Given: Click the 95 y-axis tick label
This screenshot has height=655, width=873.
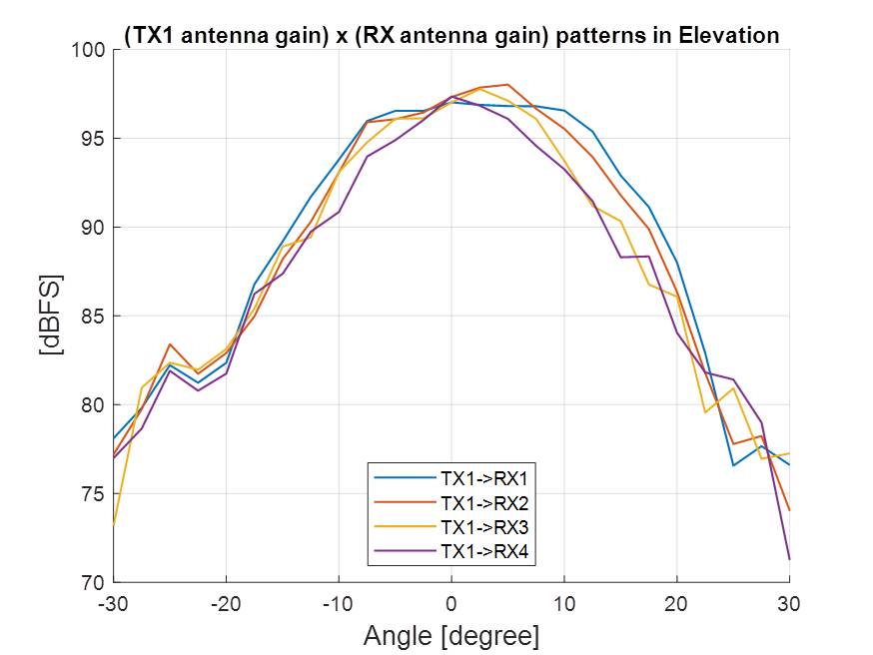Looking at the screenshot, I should pyautogui.click(x=92, y=139).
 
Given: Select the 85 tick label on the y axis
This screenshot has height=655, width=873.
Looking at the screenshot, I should pyautogui.click(x=92, y=317).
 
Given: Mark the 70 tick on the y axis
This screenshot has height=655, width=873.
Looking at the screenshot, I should pyautogui.click(x=92, y=583).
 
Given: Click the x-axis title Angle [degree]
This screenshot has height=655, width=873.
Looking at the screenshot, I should pyautogui.click(x=451, y=635).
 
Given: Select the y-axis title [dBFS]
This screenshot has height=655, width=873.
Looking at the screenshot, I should pyautogui.click(x=50, y=316).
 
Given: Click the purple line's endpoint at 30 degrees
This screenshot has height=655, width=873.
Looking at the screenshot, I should pyautogui.click(x=789, y=559).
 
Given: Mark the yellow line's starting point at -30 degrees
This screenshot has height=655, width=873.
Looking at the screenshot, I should pyautogui.click(x=114, y=523).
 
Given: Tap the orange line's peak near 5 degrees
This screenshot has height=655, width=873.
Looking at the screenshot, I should pyautogui.click(x=507, y=85).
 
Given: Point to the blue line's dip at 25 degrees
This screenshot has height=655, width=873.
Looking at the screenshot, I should pyautogui.click(x=733, y=465).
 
